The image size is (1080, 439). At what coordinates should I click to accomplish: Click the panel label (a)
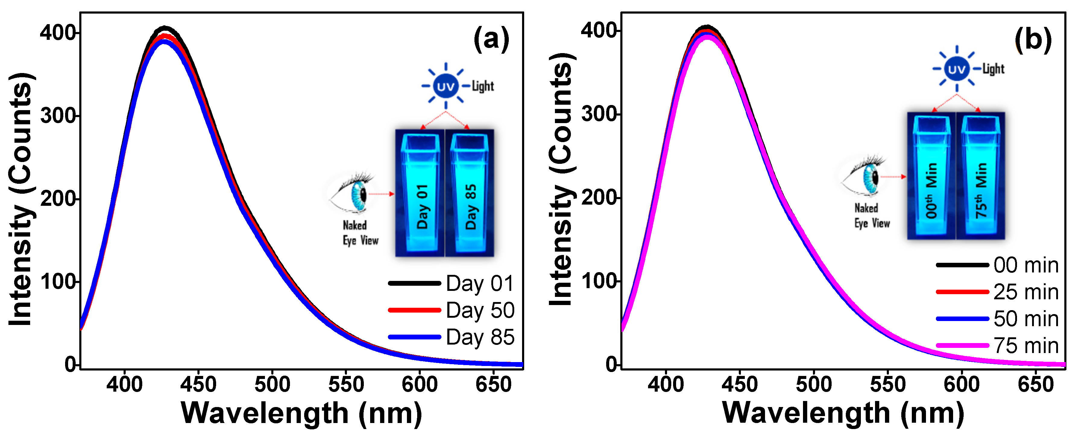click(491, 40)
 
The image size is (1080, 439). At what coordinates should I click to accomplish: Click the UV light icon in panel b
click(956, 69)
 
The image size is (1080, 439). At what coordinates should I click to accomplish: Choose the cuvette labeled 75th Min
click(980, 176)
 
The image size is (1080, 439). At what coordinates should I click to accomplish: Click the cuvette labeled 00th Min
click(932, 176)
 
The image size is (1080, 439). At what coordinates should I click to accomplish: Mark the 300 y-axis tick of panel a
click(58, 116)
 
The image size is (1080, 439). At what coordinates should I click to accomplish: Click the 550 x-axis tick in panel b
click(888, 384)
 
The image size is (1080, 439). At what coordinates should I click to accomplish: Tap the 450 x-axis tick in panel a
click(198, 384)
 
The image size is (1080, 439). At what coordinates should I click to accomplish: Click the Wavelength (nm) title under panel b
click(843, 413)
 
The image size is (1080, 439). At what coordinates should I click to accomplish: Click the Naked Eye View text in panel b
click(872, 215)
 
